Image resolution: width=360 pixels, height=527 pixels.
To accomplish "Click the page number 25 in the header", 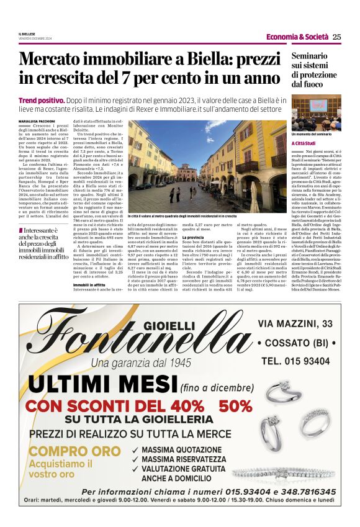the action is (336, 37).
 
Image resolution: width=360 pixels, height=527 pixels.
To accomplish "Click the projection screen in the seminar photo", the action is (317, 104).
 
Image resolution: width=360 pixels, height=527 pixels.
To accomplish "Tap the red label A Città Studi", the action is (304, 143).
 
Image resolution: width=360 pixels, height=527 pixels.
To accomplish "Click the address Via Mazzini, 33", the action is (295, 323).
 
